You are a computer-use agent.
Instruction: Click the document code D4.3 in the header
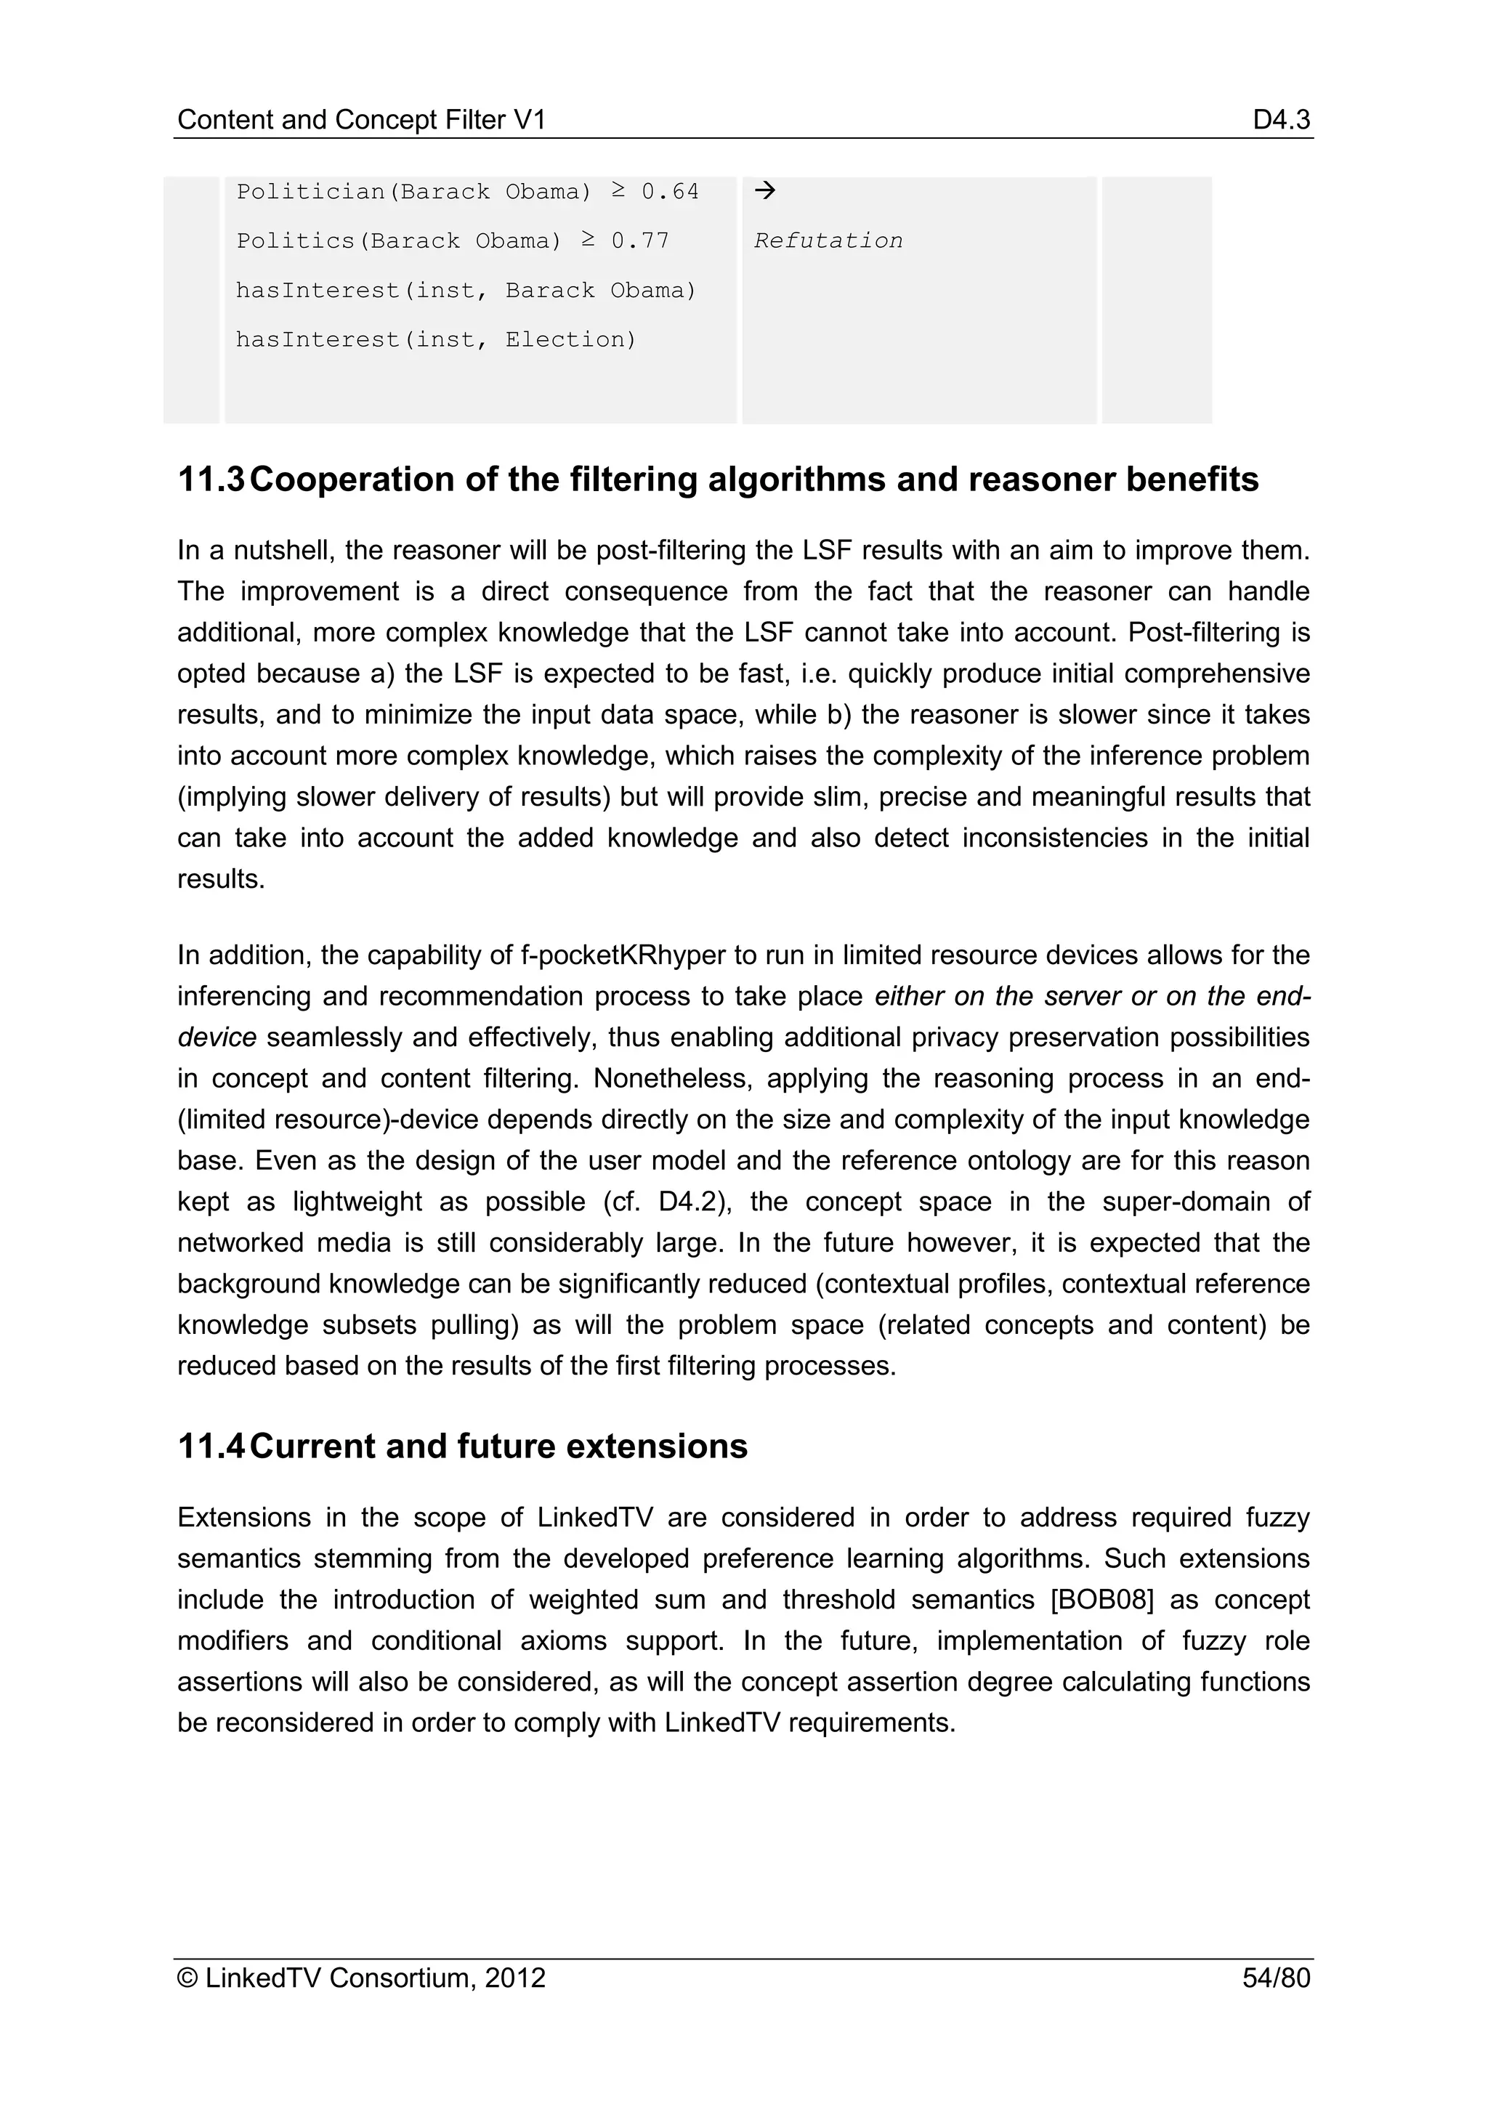pos(1282,119)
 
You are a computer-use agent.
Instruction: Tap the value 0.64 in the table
pos(670,192)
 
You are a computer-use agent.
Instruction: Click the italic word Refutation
pos(828,241)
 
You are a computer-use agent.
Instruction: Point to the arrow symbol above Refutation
pos(764,190)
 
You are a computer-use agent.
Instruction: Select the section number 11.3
pos(211,480)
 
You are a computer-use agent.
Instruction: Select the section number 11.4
pos(211,1446)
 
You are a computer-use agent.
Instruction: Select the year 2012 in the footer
pos(515,1978)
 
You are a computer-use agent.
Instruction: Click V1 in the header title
pos(529,119)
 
